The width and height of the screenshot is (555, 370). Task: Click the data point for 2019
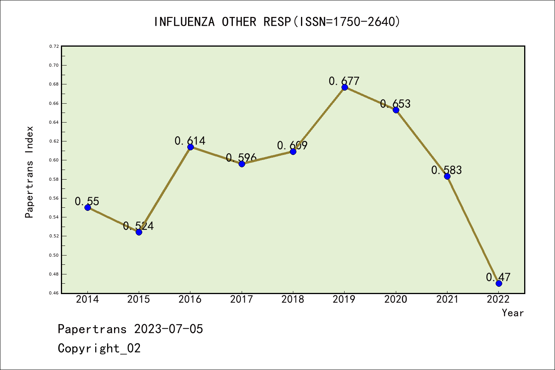point(345,87)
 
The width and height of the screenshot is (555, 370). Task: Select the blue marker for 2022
point(499,283)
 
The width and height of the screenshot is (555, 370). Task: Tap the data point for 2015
point(139,232)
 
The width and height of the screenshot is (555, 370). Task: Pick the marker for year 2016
point(190,147)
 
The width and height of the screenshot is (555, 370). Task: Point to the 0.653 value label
point(395,104)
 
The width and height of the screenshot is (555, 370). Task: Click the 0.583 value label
point(446,170)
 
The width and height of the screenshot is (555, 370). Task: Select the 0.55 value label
point(87,201)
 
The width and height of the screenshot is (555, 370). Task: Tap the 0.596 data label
point(241,158)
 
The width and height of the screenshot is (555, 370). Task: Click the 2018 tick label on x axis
point(293,299)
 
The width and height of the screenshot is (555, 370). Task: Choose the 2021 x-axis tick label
point(447,299)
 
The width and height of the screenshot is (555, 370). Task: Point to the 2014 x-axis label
point(87,299)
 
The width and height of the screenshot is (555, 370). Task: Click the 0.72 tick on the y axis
point(54,46)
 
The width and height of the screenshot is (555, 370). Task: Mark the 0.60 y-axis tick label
point(54,160)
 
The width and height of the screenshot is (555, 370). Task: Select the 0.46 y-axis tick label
point(54,293)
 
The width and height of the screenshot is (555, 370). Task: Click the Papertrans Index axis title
point(29,172)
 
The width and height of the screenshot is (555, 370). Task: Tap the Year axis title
point(513,313)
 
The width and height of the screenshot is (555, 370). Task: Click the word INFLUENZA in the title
point(184,22)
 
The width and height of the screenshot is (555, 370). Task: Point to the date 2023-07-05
point(168,329)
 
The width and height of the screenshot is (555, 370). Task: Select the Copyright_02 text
point(99,348)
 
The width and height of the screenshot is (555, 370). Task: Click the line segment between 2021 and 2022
point(473,230)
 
